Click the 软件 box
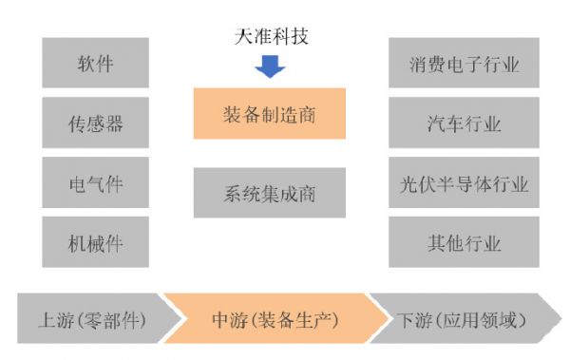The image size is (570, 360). pyautogui.click(x=95, y=64)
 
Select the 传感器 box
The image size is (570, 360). pyautogui.click(x=95, y=123)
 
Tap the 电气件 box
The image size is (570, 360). pyautogui.click(x=95, y=182)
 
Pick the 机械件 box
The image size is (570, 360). pyautogui.click(x=95, y=241)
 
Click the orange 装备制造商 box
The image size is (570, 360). pyautogui.click(x=269, y=114)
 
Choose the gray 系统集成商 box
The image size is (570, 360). pyautogui.click(x=269, y=193)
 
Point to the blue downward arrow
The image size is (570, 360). pyautogui.click(x=270, y=66)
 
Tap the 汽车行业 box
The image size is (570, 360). pyautogui.click(x=464, y=123)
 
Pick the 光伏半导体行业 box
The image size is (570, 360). pyautogui.click(x=464, y=182)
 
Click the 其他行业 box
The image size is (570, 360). pyautogui.click(x=464, y=241)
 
